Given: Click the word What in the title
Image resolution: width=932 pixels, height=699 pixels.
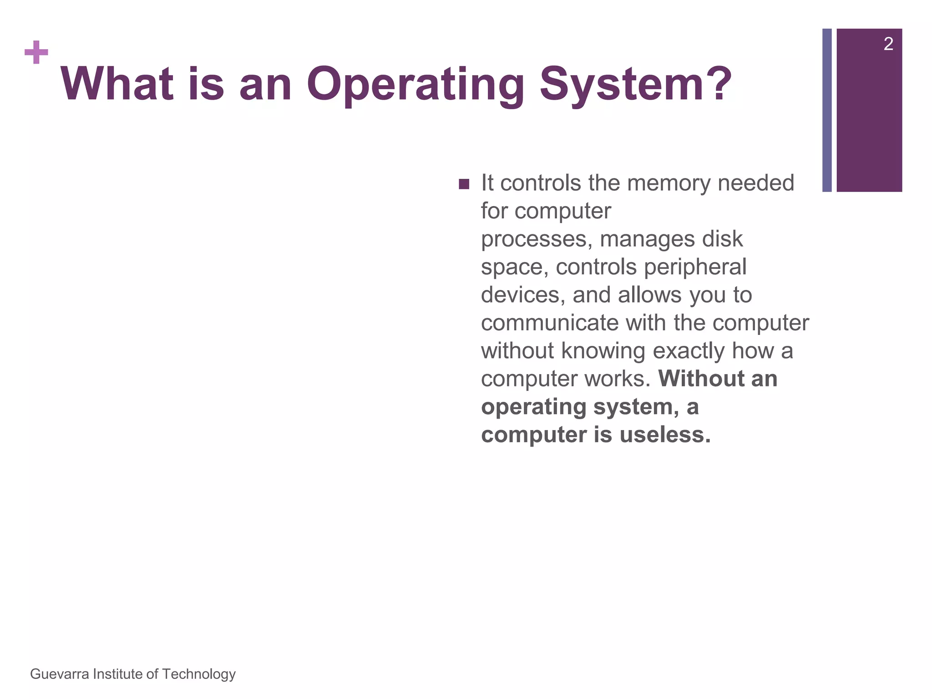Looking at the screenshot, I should [x=117, y=84].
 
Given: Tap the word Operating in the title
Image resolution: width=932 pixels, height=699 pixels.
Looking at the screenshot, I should [x=415, y=85].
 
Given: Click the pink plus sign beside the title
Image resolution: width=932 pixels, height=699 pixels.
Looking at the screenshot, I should [x=36, y=52].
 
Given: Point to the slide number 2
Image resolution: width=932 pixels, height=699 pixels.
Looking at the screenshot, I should [x=888, y=44].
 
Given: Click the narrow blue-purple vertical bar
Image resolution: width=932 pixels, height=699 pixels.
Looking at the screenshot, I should [x=827, y=110].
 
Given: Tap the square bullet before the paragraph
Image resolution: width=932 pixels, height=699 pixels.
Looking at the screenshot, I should [x=464, y=184].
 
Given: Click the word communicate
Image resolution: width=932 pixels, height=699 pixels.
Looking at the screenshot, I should [x=549, y=323].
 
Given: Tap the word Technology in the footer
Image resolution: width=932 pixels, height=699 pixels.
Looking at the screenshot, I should [x=199, y=674].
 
